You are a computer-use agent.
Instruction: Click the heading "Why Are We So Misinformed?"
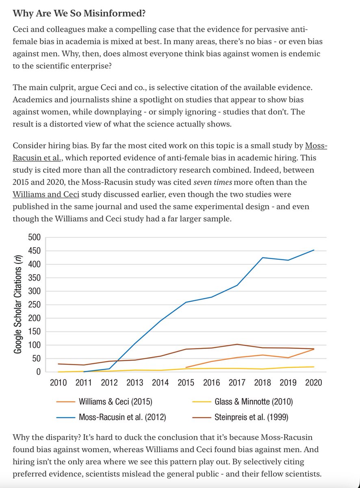click(79, 13)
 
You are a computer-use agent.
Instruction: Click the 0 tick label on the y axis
click(38, 372)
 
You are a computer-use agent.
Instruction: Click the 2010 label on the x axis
click(58, 383)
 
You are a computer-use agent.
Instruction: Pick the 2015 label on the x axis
click(186, 383)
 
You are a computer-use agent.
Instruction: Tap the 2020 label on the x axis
click(313, 383)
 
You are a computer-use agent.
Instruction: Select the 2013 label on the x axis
click(135, 383)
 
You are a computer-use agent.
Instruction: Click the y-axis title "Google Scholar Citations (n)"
click(18, 305)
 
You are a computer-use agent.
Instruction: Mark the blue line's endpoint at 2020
click(314, 250)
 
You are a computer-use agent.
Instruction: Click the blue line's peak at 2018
click(263, 257)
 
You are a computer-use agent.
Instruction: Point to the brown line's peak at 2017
click(237, 344)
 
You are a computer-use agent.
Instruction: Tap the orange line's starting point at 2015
click(186, 368)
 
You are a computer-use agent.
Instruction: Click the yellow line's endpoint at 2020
click(314, 367)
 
